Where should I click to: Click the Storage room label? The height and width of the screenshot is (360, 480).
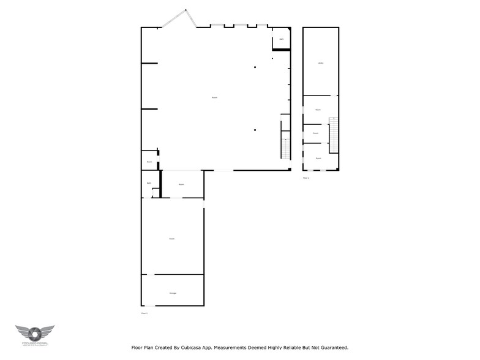[x=173, y=293]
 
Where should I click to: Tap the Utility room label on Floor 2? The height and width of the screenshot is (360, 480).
[x=320, y=64]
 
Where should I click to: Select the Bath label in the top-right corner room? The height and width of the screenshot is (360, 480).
[x=281, y=39]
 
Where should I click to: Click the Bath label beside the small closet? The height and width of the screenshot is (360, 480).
[x=149, y=184]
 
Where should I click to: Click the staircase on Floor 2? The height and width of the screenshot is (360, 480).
[x=333, y=135]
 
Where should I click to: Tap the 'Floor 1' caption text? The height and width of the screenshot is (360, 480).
[x=144, y=313]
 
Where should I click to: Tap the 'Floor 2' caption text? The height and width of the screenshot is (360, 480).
[x=306, y=178]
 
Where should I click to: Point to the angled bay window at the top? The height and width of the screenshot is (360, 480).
[x=179, y=18]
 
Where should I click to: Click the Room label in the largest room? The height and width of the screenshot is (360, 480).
[x=214, y=98]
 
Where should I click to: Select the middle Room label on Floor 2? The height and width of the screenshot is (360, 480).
[x=316, y=133]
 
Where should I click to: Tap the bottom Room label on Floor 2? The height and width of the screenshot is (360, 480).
[x=318, y=158]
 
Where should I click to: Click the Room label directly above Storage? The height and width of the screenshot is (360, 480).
[x=172, y=238]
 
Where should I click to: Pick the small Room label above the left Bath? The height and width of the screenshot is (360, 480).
[x=149, y=162]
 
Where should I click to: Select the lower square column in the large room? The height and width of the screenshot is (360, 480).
[x=255, y=129]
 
